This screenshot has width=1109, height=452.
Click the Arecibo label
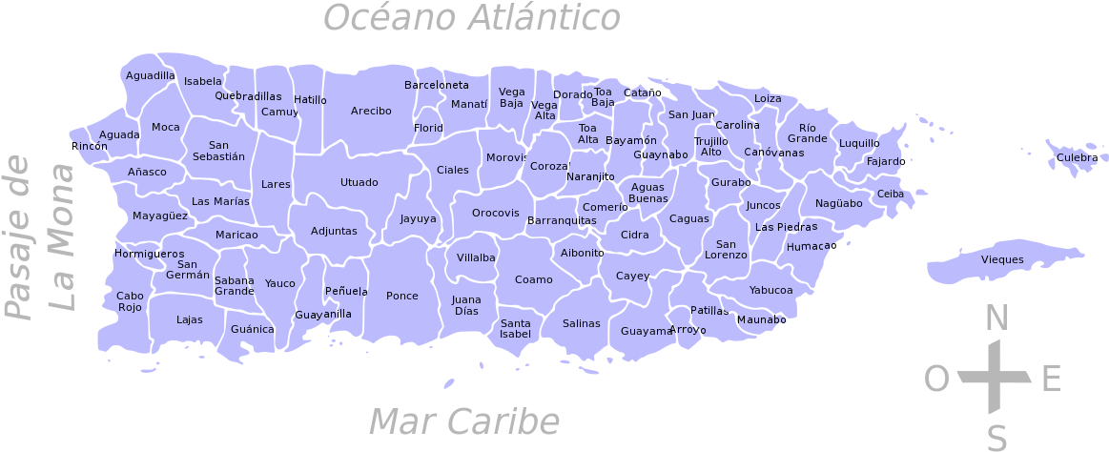click(x=371, y=111)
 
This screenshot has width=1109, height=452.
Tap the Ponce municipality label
click(x=401, y=296)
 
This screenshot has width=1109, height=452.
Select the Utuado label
click(x=359, y=182)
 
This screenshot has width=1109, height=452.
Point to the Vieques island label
click(x=1002, y=259)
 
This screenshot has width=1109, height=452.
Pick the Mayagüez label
click(x=160, y=216)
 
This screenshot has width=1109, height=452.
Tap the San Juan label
click(x=690, y=114)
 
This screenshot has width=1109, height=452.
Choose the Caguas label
click(x=688, y=218)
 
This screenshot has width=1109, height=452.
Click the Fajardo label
click(x=885, y=161)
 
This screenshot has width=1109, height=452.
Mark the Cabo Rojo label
click(x=130, y=301)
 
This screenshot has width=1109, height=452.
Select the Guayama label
click(x=647, y=331)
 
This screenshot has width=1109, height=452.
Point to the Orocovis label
click(x=496, y=213)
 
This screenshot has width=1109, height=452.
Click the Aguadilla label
click(x=151, y=75)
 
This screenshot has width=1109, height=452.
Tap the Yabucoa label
click(x=770, y=290)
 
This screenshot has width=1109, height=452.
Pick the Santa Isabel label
click(x=515, y=328)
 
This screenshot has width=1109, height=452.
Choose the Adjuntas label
click(x=334, y=231)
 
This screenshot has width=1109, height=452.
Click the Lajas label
click(x=190, y=319)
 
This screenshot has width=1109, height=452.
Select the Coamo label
click(x=533, y=279)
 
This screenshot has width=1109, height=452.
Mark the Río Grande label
click(x=808, y=133)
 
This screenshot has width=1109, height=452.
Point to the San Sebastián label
click(x=218, y=151)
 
